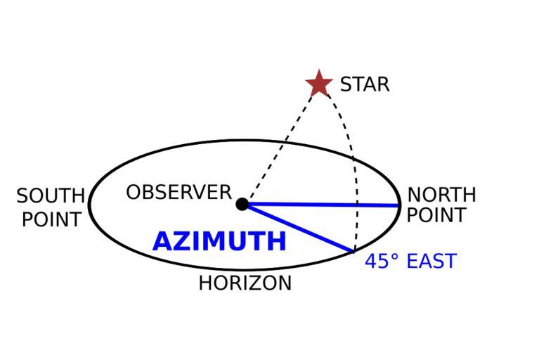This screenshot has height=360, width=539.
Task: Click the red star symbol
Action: pyautogui.click(x=319, y=84)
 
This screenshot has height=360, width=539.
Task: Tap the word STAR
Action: pyautogui.click(x=364, y=85)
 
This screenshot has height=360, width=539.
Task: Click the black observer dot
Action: pyautogui.click(x=242, y=204)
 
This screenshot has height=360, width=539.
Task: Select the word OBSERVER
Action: pyautogui.click(x=178, y=192)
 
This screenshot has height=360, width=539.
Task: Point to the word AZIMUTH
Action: pyautogui.click(x=219, y=242)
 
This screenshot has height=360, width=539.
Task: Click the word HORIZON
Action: pyautogui.click(x=245, y=283)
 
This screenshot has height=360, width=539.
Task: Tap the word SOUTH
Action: pyautogui.click(x=51, y=195)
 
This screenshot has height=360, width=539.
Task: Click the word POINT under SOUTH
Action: pyautogui.click(x=51, y=219)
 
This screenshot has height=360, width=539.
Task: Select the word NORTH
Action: pyautogui.click(x=441, y=194)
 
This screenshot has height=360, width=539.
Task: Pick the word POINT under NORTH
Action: pyautogui.click(x=436, y=215)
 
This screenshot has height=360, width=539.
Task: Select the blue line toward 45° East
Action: pyautogui.click(x=299, y=227)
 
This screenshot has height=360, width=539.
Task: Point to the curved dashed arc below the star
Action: pyautogui.click(x=349, y=141)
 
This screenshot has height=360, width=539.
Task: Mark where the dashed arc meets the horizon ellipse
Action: pyautogui.click(x=355, y=251)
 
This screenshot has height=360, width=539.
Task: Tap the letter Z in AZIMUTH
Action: pyautogui.click(x=181, y=242)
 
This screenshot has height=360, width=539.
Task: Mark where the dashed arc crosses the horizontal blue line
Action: pyautogui.click(x=358, y=205)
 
